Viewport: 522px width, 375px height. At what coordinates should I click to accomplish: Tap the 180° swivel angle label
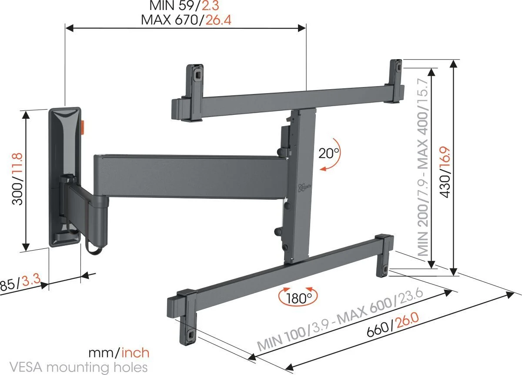[x=298, y=298]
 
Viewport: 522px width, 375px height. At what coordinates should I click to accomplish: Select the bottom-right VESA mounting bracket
[x=384, y=257]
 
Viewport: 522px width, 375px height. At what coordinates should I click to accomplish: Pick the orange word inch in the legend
[x=135, y=352]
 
